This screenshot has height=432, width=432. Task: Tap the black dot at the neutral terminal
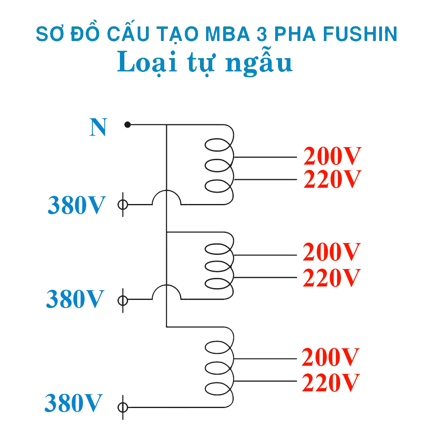coord(128,124)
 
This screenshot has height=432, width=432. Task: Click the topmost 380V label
coord(77,205)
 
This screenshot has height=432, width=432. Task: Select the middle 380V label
coord(75,299)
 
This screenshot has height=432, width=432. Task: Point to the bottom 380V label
coord(73,403)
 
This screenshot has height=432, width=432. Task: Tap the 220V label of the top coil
coord(332,179)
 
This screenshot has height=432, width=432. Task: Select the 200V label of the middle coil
coord(332,253)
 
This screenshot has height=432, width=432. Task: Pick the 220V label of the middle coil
coord(332,278)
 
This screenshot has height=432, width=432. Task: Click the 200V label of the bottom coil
coord(330,358)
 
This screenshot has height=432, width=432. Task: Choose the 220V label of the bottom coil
coord(330,382)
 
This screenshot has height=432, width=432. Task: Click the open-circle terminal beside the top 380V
coord(122,204)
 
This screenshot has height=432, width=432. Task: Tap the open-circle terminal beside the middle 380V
coord(122,300)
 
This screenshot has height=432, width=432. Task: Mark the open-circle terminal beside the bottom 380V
coord(122,407)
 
